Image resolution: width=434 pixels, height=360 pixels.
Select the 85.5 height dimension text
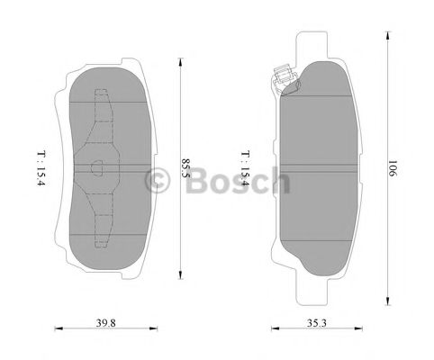click(x=186, y=168)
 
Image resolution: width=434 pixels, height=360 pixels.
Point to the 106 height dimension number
click(x=393, y=168)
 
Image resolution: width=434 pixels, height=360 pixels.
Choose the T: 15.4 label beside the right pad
click(x=243, y=168)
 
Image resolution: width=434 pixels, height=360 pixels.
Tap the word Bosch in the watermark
click(x=239, y=183)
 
